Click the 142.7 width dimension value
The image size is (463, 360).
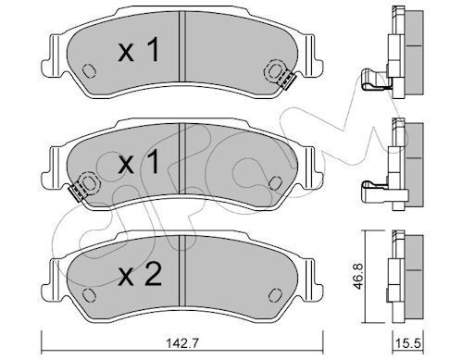point(181,342)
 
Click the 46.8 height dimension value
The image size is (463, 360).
point(358,277)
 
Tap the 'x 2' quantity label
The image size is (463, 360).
point(140,275)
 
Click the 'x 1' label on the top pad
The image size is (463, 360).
point(139,50)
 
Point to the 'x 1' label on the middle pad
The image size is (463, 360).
point(139,162)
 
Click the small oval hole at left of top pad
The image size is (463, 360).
point(89,71)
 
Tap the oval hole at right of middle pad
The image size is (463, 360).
point(275,183)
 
